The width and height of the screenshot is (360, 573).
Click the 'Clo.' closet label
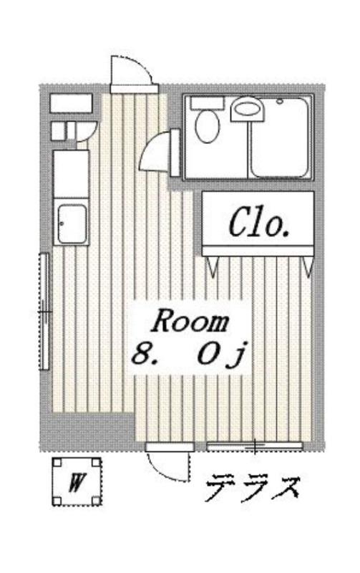pos(259,223)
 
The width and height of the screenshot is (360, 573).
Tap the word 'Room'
pos(190,321)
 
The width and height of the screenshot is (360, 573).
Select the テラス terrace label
pos(253,488)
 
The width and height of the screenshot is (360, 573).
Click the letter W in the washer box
pos(76,482)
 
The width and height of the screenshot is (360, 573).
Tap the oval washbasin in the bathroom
pos(248,108)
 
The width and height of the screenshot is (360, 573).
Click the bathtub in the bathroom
pos(280,137)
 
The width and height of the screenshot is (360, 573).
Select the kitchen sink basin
pos(72,223)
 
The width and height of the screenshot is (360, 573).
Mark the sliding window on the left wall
pos(44,312)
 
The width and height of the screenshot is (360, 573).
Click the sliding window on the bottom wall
pos(255,446)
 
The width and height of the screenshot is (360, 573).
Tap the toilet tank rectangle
pos(207,103)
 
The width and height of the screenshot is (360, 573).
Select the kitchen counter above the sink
pos(71,174)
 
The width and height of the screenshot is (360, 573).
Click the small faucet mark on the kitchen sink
pos(62,223)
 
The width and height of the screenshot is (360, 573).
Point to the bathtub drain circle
pos(280,101)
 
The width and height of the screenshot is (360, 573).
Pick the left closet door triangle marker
pos(213,266)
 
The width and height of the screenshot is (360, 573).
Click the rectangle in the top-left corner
pos(71,103)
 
